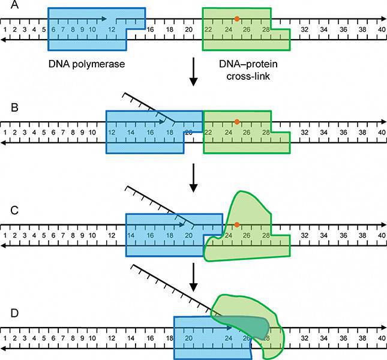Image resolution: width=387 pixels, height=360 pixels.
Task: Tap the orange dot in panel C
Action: click(238, 224)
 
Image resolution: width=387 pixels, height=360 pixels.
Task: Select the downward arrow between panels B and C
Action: click(193, 179)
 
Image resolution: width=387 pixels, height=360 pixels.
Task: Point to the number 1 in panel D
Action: click(5, 338)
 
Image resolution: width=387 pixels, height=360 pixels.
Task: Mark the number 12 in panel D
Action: click(111, 338)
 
